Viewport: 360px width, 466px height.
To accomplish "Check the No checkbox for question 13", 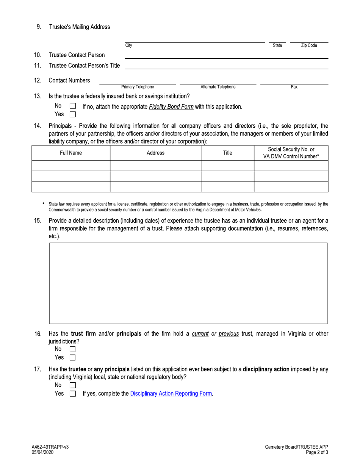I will point(73,107).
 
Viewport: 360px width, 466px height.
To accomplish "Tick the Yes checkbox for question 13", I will point(73,114).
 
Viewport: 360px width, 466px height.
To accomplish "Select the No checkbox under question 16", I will point(73,349).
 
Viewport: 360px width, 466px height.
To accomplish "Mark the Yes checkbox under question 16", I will point(73,357).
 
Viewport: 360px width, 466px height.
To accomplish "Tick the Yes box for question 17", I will point(73,394).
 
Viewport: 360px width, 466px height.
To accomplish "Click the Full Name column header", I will point(70,153).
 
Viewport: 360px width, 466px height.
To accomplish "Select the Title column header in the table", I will point(227,153).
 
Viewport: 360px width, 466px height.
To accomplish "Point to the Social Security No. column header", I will point(291,153).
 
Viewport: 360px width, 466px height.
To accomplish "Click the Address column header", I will point(155,153).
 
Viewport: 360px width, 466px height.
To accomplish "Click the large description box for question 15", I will point(188,283).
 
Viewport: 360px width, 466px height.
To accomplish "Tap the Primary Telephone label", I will point(138,87).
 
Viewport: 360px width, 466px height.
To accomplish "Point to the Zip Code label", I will point(309,45).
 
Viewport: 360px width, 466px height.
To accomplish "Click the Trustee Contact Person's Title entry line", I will point(226,66).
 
